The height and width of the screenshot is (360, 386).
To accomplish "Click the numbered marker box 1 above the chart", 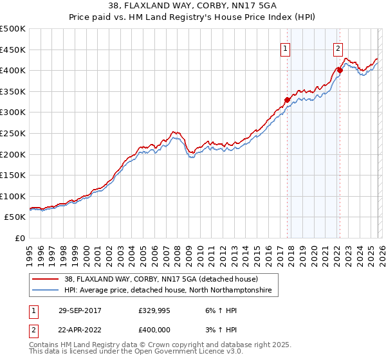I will (285, 47).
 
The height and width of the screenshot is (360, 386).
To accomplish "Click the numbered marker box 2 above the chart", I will (338, 47).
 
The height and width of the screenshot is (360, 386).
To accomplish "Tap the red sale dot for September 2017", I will (288, 100).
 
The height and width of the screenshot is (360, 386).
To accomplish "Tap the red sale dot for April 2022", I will (340, 70).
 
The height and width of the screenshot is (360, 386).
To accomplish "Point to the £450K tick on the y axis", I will (13, 50).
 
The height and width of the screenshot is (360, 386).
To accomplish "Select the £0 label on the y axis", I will (19, 238).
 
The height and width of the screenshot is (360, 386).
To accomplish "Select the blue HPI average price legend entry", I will (167, 291).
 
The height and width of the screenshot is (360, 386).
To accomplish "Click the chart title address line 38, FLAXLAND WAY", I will (193, 7).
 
